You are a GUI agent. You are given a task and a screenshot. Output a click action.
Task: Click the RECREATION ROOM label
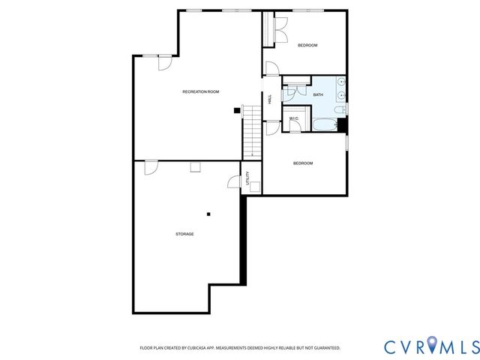click(201, 91)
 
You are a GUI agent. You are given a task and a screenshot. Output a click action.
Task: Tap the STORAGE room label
click(184, 234)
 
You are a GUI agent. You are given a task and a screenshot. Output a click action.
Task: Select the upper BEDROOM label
click(307, 46)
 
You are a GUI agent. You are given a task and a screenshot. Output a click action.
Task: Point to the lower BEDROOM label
click(302, 163)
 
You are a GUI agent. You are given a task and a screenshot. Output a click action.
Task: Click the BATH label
click(318, 94)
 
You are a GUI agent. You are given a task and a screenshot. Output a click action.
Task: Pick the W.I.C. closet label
click(294, 118)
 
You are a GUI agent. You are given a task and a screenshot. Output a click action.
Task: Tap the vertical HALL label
click(270, 99)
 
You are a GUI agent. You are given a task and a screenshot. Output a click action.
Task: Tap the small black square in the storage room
click(209, 214)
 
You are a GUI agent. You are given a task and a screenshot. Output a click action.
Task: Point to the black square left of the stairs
click(237, 110)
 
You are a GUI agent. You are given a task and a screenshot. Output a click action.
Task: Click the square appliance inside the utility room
click(254, 187)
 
